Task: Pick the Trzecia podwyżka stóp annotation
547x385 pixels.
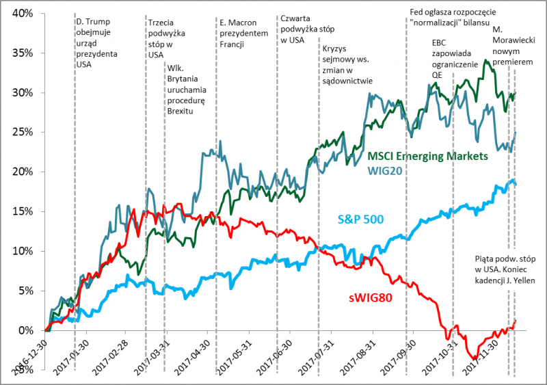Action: click(165, 38)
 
